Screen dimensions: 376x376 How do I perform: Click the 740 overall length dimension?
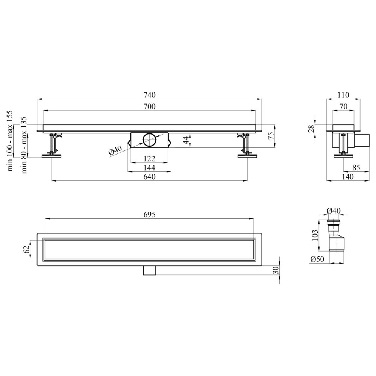(149, 95)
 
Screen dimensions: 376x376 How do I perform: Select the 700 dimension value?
(149, 106)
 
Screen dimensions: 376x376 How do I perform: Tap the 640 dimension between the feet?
(149, 177)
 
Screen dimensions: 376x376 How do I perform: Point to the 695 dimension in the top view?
(149, 214)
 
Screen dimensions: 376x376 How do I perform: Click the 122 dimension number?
(149, 159)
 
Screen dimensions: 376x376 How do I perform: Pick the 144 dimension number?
(149, 168)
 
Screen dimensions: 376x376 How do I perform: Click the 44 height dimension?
(186, 140)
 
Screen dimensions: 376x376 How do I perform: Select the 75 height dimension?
(271, 136)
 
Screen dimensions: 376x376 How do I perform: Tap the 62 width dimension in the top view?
(27, 250)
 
